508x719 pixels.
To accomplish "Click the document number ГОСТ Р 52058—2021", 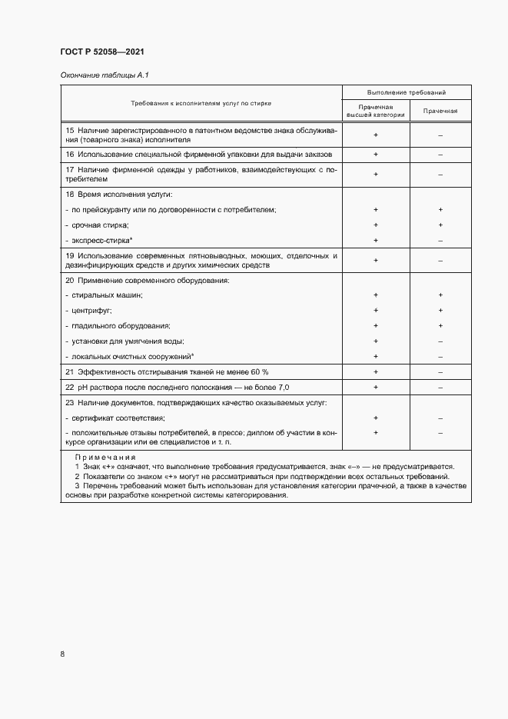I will [x=101, y=52].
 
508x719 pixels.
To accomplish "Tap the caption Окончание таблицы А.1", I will [x=98, y=75].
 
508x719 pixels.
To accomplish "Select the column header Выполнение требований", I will [x=407, y=92].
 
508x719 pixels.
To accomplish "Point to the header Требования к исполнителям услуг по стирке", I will [x=201, y=102].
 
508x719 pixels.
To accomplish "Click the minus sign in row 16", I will [x=440, y=155].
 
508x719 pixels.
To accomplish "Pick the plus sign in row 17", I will [x=376, y=174].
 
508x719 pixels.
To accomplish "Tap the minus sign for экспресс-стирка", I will [x=440, y=241].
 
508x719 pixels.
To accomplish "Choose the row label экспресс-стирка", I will [x=100, y=241].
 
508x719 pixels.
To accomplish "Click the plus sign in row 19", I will [x=376, y=261].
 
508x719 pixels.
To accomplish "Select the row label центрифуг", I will [x=91, y=310].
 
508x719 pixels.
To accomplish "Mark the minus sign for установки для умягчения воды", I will [x=440, y=341].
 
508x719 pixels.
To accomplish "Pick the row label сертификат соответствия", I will [x=117, y=418].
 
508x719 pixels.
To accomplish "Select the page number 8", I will [x=62, y=654].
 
